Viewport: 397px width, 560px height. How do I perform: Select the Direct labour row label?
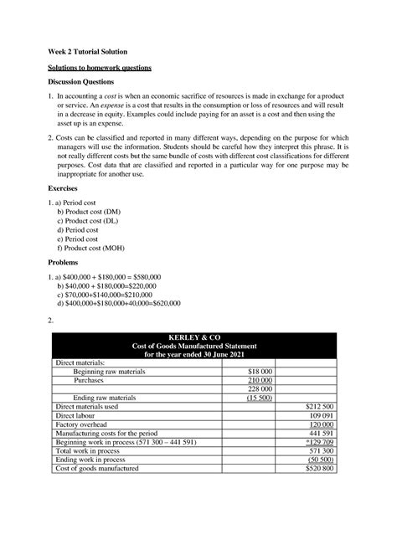point(77,414)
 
